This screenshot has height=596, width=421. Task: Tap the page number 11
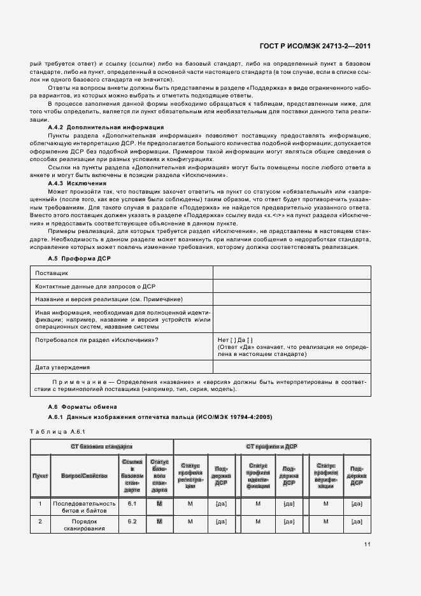click(367, 544)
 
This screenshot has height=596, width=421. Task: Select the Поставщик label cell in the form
click(51, 273)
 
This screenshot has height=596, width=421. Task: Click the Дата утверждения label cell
click(62, 367)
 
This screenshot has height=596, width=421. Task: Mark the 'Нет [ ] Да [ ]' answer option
click(236, 340)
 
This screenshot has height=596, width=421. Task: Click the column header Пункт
click(40, 476)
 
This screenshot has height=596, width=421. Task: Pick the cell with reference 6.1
click(132, 504)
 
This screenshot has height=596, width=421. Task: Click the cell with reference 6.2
click(132, 521)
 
